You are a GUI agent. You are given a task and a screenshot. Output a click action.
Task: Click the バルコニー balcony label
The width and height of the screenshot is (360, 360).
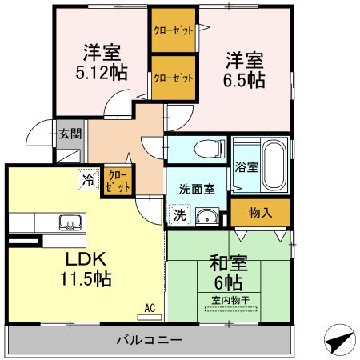(x=150, y=339)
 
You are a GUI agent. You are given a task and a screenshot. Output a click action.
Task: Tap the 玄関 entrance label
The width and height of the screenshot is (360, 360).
(x=69, y=134)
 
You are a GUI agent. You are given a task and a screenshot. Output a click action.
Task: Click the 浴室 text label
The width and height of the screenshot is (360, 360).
(x=246, y=167)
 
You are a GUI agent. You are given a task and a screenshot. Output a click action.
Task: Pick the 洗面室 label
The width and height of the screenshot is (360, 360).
(x=196, y=189)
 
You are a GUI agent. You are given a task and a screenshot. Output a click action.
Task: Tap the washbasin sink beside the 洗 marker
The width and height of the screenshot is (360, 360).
(x=207, y=215)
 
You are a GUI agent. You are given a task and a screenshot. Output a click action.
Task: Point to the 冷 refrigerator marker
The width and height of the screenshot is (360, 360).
(x=87, y=180)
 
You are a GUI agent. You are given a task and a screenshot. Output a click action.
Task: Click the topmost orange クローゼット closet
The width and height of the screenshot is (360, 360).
(x=174, y=30)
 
